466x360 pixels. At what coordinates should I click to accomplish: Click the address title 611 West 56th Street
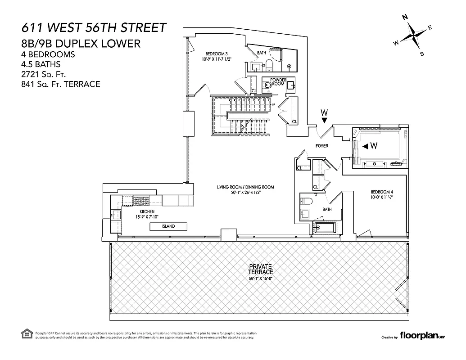tap(94, 27)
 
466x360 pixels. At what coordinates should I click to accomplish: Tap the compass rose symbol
tap(413, 35)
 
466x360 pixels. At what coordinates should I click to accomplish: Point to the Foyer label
tap(322, 146)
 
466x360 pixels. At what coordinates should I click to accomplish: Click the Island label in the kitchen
tap(169, 226)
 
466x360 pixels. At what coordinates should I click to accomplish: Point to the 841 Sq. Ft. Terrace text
tap(60, 84)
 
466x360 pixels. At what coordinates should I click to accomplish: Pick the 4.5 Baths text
tap(41, 64)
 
